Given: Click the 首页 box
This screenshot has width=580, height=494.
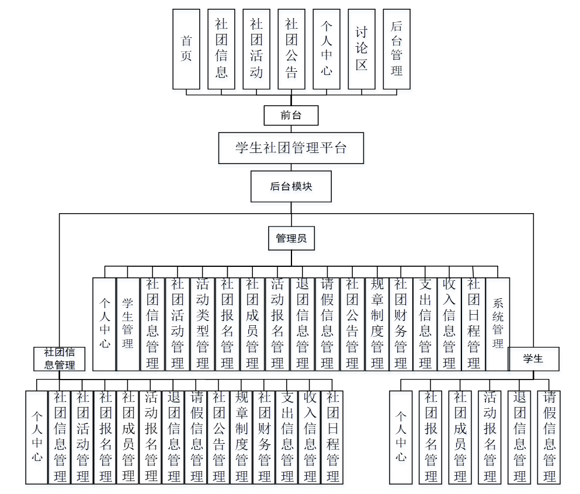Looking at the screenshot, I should [x=186, y=49].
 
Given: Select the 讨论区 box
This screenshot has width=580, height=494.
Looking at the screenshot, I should [x=362, y=49].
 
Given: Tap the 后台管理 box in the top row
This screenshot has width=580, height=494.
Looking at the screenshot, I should [x=397, y=49].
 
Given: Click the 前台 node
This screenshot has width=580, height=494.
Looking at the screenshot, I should [x=291, y=116].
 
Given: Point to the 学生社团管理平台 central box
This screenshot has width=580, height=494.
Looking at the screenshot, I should [x=291, y=148].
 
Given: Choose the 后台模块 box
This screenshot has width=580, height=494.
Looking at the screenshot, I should [x=291, y=186].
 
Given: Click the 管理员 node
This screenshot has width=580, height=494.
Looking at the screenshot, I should [x=291, y=238].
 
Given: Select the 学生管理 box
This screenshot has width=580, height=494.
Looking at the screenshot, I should [x=128, y=324].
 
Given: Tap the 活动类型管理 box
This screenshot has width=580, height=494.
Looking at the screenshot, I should [x=203, y=324].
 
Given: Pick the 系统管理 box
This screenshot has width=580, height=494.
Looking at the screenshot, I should [x=498, y=324].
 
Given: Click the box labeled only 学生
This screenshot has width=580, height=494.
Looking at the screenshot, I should [x=533, y=359].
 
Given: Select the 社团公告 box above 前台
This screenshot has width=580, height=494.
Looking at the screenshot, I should [x=291, y=49].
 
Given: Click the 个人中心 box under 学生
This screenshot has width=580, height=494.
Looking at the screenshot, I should [x=401, y=437].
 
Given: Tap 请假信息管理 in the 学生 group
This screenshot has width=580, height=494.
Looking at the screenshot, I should [x=549, y=437].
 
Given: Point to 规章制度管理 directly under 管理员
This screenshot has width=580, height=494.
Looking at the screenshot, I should [x=377, y=324].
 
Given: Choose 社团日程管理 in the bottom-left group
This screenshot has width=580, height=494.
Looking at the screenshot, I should [x=332, y=437].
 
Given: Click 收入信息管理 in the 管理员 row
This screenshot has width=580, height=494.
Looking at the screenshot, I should [x=449, y=324].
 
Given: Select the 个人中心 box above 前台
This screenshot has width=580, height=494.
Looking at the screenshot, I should [x=327, y=49].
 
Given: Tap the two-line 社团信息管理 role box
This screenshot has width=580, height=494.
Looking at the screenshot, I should [x=60, y=359].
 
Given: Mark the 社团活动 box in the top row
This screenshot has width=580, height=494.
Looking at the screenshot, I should [x=256, y=49].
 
